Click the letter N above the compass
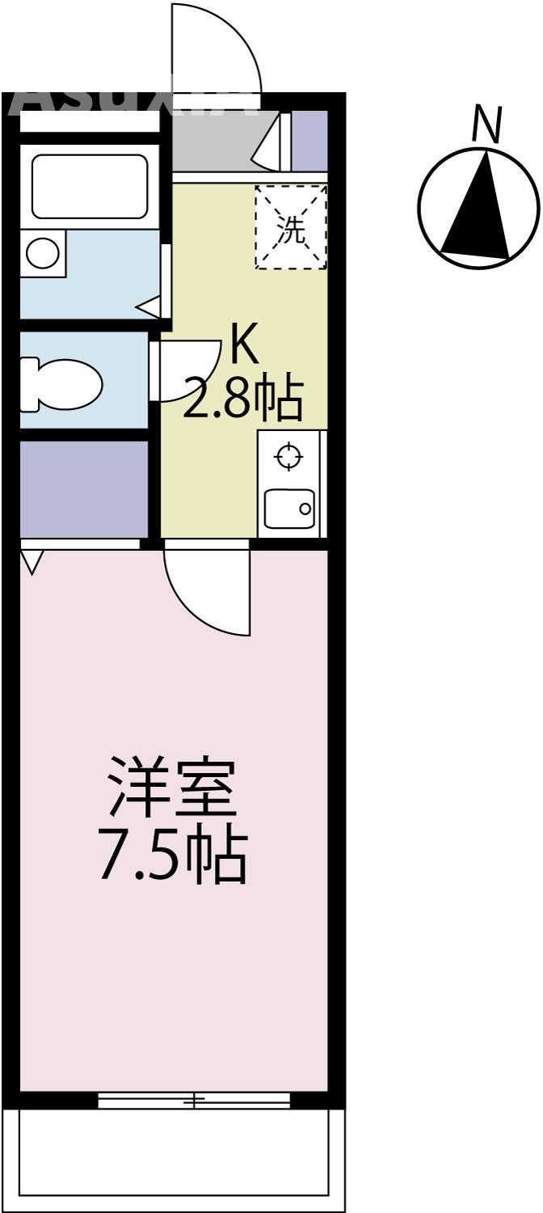point(487,125)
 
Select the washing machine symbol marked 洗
point(291,227)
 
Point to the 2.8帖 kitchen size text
point(242,399)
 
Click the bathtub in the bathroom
point(89,187)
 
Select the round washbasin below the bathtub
point(41,253)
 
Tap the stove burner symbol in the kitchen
point(288,458)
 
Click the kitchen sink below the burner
point(288,509)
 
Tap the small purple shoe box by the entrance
point(309,141)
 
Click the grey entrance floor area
point(214,141)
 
